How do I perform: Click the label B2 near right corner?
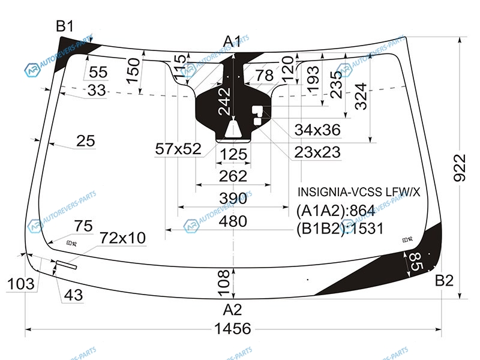445,280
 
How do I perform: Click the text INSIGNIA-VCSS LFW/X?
359,192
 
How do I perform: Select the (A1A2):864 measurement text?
335,211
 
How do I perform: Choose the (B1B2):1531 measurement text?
340,229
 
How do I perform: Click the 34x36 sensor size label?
317,130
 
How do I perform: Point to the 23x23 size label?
317,152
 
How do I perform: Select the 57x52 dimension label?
178,149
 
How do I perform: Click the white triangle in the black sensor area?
233,128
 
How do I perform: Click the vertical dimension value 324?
360,95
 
